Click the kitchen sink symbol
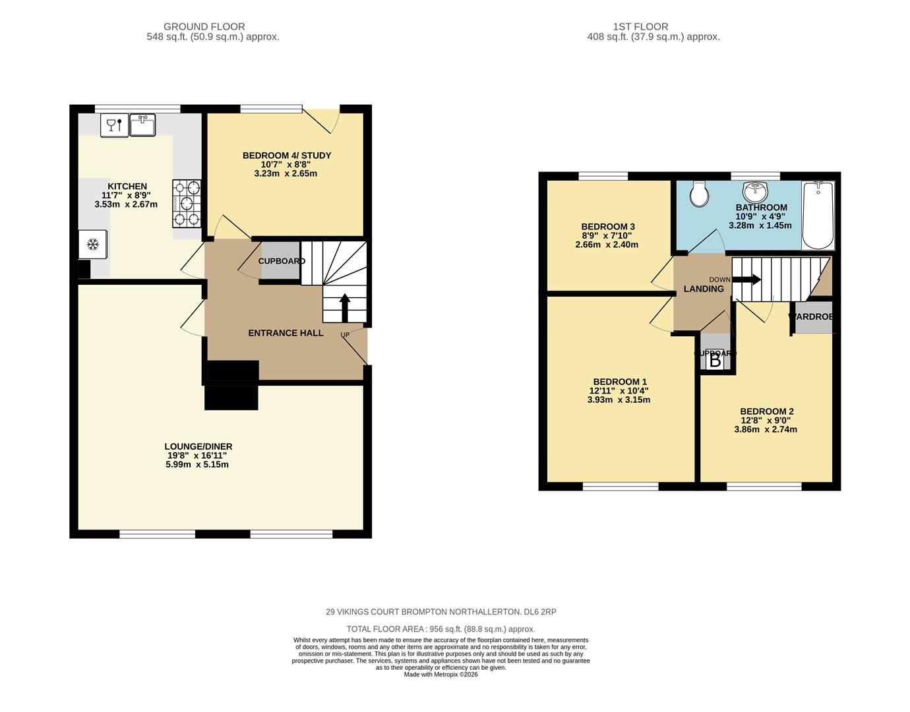142,125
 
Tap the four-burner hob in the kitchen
187,204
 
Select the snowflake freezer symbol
93,245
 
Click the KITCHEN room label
127,187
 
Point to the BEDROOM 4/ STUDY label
287,156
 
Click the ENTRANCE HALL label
286,333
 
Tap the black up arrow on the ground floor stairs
344,307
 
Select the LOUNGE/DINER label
198,446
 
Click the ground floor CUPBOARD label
282,261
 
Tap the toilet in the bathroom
698,193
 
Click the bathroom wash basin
755,192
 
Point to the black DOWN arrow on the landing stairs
746,280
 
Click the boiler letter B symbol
715,361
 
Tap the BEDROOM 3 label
608,227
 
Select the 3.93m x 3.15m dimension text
619,400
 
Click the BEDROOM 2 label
766,411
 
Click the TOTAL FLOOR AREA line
440,629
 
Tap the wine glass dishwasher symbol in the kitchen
114,125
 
